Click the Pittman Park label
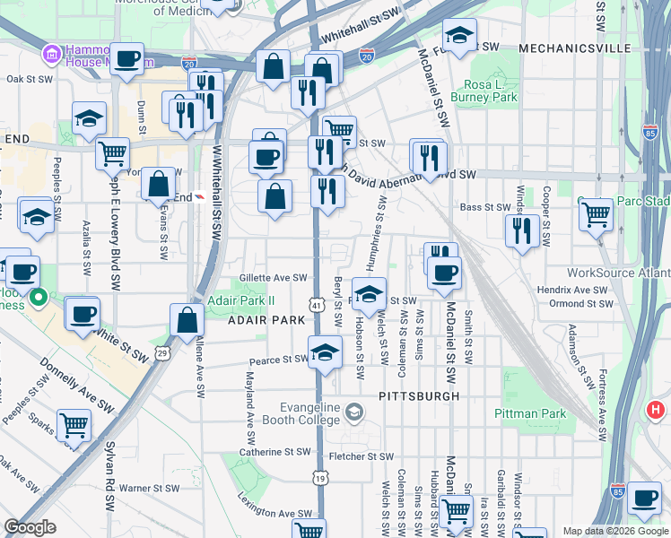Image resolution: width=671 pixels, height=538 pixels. pyautogui.click(x=530, y=413)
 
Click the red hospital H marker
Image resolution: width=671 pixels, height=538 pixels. pyautogui.click(x=656, y=411)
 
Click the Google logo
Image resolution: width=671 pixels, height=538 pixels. pyautogui.click(x=30, y=527)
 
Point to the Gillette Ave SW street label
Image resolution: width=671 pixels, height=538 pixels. pyautogui.click(x=273, y=278)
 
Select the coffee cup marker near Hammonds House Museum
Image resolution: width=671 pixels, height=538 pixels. pyautogui.click(x=126, y=59)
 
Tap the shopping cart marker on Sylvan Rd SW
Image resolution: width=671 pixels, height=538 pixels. pyautogui.click(x=74, y=425)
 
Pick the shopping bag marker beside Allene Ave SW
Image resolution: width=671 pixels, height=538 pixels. pyautogui.click(x=187, y=320)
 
